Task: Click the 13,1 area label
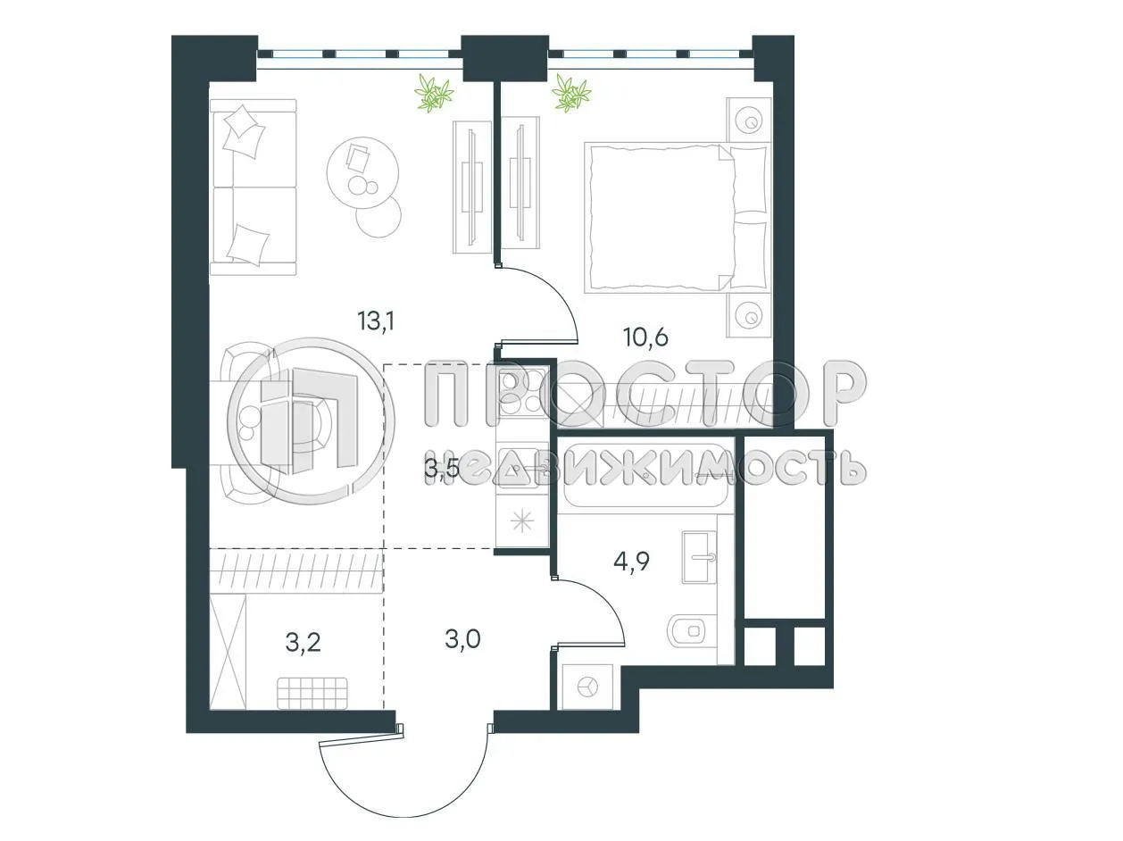[x=376, y=321]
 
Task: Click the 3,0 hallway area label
[x=462, y=639]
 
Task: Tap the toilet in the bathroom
[x=686, y=631]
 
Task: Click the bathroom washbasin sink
[x=699, y=557]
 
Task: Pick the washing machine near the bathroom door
[x=586, y=686]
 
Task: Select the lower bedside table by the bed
[x=748, y=315]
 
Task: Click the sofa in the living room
[x=253, y=187]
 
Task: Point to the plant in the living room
[x=435, y=93]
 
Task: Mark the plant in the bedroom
[x=570, y=93]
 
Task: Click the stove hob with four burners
[x=521, y=393]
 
